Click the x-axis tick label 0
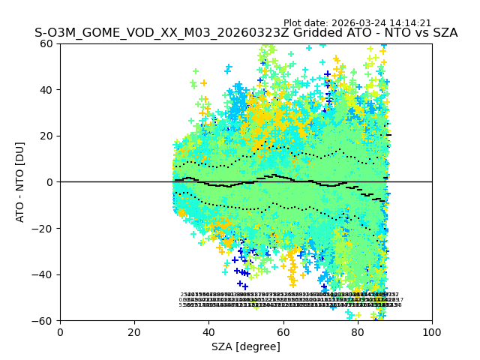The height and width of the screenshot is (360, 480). [60, 332]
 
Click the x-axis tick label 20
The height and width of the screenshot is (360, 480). [134, 332]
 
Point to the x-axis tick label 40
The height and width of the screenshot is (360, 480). [208, 332]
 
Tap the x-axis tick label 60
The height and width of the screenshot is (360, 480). [283, 332]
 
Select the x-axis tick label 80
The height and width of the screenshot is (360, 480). [357, 332]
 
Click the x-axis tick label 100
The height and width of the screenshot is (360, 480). [432, 332]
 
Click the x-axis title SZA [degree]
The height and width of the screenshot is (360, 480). [246, 346]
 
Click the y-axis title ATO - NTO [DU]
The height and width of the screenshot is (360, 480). [21, 182]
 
